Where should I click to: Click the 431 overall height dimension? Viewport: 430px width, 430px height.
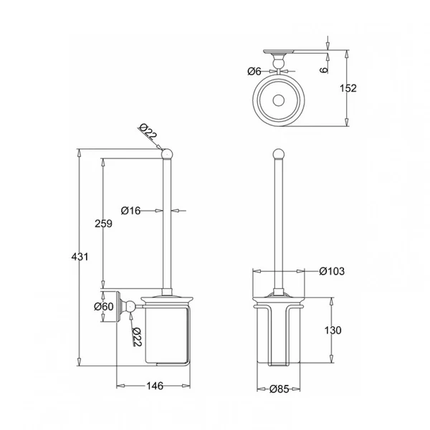pos(80,257)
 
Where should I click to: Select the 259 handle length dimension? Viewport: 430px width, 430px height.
pos(103,224)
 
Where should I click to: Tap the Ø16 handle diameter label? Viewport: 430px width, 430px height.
pos(131,211)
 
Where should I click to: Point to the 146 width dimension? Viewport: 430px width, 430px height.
pos(155,386)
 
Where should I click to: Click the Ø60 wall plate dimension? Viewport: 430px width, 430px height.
pos(104,306)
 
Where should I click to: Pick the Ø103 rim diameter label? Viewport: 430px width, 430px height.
pos(332,271)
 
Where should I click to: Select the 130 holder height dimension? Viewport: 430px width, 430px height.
pos(333,330)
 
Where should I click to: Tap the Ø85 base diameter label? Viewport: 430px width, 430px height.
pos(279,389)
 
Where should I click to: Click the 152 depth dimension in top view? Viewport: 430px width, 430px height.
pos(348,88)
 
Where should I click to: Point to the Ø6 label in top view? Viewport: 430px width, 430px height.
pos(254,71)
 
